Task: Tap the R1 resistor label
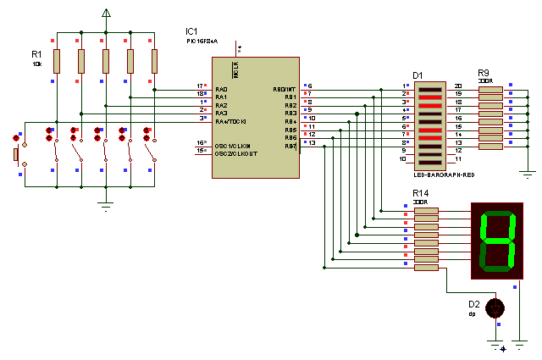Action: tap(36, 53)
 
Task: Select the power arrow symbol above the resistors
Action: tap(106, 14)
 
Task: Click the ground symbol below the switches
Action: tap(106, 203)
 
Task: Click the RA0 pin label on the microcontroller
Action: tap(222, 89)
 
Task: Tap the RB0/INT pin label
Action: tap(284, 89)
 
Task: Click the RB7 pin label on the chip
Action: tap(290, 145)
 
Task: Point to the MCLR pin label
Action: tap(236, 69)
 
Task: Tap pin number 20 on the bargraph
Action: tap(458, 86)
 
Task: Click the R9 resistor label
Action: tap(484, 73)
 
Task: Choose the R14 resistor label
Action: tap(421, 195)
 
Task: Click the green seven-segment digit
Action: tap(498, 240)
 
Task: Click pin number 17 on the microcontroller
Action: tap(201, 86)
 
